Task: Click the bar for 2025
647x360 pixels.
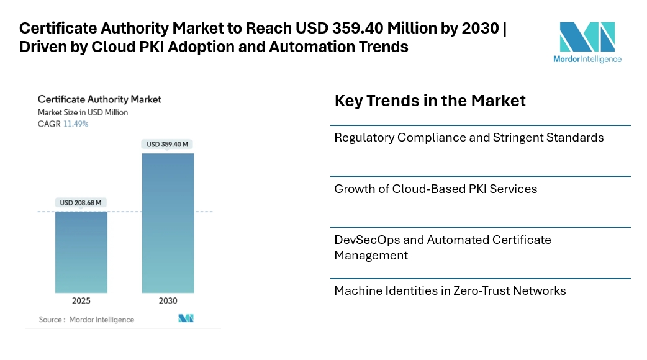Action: pyautogui.click(x=81, y=252)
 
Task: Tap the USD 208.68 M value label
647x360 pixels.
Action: pyautogui.click(x=81, y=202)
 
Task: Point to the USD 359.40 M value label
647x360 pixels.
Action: pyautogui.click(x=168, y=144)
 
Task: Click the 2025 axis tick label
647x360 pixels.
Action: pyautogui.click(x=81, y=300)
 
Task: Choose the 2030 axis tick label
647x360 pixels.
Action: pyautogui.click(x=168, y=300)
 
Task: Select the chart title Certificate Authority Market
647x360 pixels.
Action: pyautogui.click(x=99, y=99)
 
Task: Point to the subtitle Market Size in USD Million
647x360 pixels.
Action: pyautogui.click(x=83, y=112)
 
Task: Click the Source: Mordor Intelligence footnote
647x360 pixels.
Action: pyautogui.click(x=86, y=319)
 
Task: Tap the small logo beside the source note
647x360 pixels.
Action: pyautogui.click(x=186, y=318)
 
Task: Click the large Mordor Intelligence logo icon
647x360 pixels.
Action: pyautogui.click(x=587, y=37)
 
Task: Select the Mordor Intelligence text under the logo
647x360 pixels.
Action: pyautogui.click(x=587, y=59)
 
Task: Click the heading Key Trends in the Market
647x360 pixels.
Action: pyautogui.click(x=430, y=101)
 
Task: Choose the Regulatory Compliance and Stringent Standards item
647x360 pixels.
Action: pyautogui.click(x=469, y=137)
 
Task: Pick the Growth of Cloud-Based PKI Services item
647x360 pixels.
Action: pyautogui.click(x=435, y=189)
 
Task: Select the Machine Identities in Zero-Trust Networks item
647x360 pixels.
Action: pyautogui.click(x=450, y=290)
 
